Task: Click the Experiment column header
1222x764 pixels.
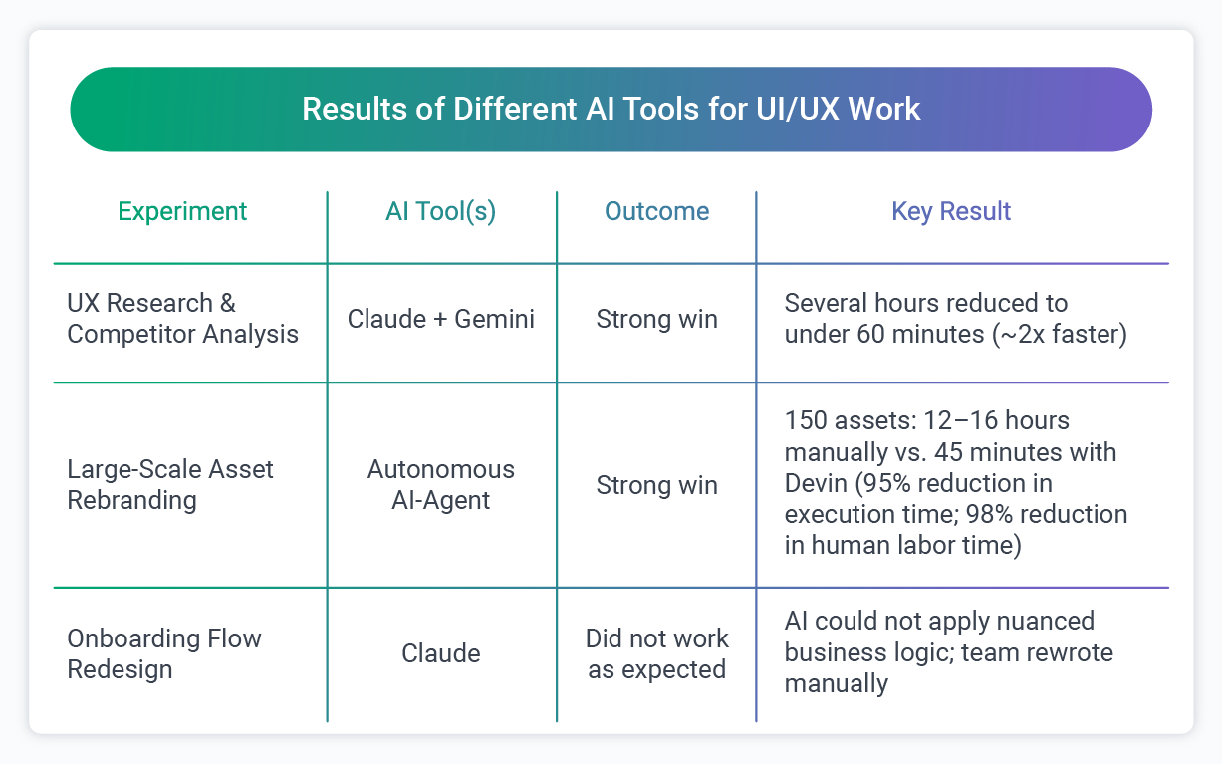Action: click(x=182, y=212)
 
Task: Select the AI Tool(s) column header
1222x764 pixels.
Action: click(x=441, y=212)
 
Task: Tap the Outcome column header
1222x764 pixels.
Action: click(x=657, y=211)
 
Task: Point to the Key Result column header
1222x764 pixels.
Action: click(x=951, y=212)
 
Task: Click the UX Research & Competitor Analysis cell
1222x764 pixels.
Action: click(x=183, y=318)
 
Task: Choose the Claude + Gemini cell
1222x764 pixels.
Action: click(x=441, y=319)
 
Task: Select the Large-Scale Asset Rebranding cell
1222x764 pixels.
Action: click(x=170, y=484)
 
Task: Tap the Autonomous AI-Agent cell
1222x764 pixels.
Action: click(x=441, y=484)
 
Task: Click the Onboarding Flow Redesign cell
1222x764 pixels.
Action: click(x=164, y=653)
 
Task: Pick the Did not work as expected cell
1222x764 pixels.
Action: click(x=657, y=653)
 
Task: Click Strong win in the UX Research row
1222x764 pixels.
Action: click(x=657, y=319)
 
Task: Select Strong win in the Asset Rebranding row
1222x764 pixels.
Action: click(x=657, y=485)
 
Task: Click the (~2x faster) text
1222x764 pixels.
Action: click(x=1060, y=335)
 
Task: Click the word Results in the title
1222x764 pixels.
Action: click(x=355, y=109)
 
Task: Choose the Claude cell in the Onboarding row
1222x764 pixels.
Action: click(x=441, y=653)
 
